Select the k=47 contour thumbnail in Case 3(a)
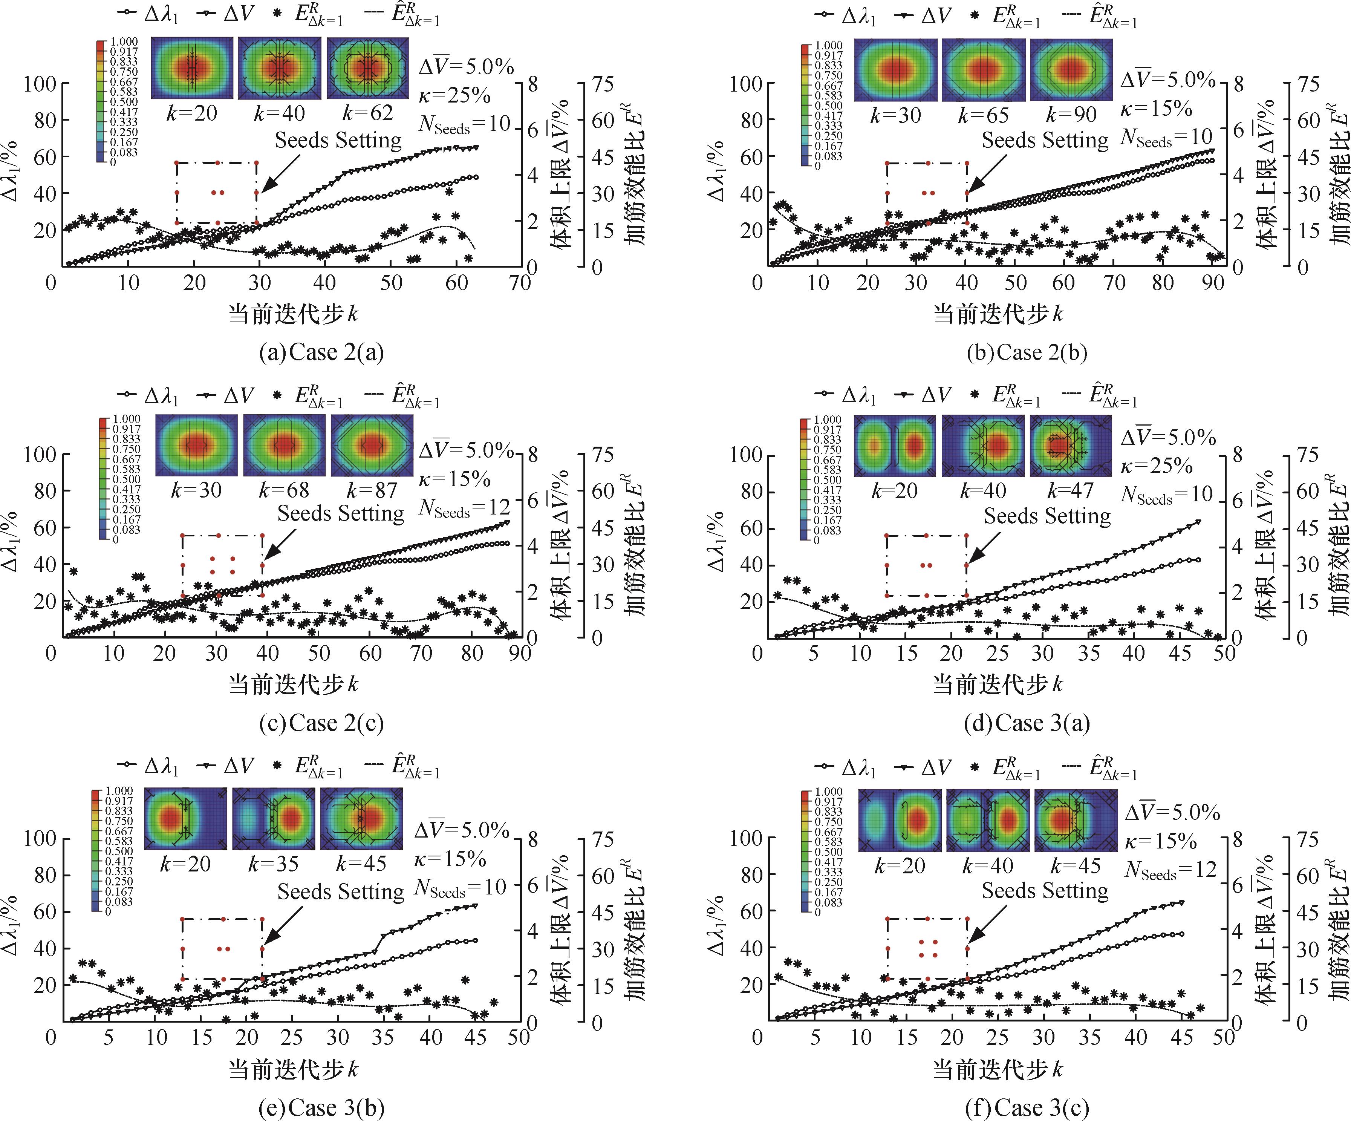click(1071, 446)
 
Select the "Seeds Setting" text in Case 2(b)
click(1045, 140)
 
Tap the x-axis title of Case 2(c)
click(293, 685)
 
